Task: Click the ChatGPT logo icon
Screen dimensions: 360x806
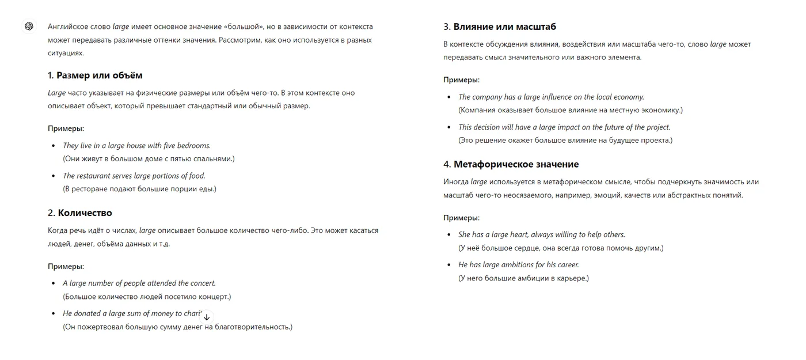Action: [29, 26]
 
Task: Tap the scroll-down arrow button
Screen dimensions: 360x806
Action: [207, 317]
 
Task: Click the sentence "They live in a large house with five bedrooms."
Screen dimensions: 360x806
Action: [136, 146]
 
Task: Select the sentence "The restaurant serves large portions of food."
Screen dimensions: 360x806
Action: [134, 176]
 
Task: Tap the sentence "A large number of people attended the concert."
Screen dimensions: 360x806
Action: [139, 283]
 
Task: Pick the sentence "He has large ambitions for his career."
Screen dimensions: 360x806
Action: [518, 265]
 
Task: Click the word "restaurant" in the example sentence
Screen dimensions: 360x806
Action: [93, 176]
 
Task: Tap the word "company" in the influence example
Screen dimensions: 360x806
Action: [486, 97]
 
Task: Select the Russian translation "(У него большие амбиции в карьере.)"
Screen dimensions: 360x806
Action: [523, 278]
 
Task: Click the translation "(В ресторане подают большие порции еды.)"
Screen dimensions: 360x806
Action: [139, 189]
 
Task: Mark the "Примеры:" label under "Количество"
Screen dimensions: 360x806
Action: [66, 266]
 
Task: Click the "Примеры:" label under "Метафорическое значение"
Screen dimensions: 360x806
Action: [461, 218]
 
